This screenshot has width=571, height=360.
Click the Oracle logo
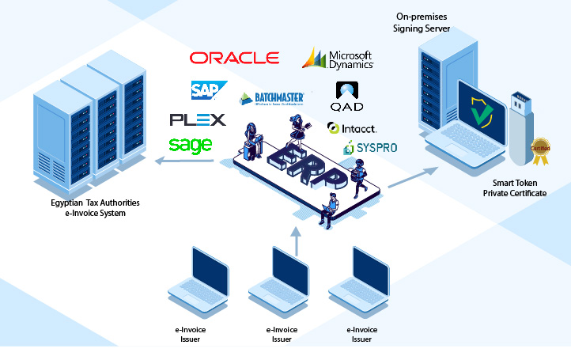pos(234,58)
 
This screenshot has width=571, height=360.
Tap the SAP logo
pos(208,89)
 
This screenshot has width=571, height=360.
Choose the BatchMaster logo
pos(272,99)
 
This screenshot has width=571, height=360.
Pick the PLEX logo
pos(198,119)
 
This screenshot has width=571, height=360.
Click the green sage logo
pos(190,145)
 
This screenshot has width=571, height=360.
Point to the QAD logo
pos(346,97)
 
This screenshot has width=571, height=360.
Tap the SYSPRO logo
pos(370,148)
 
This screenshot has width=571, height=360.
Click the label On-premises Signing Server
pos(422,23)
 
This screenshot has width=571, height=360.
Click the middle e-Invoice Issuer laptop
pos(278,276)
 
